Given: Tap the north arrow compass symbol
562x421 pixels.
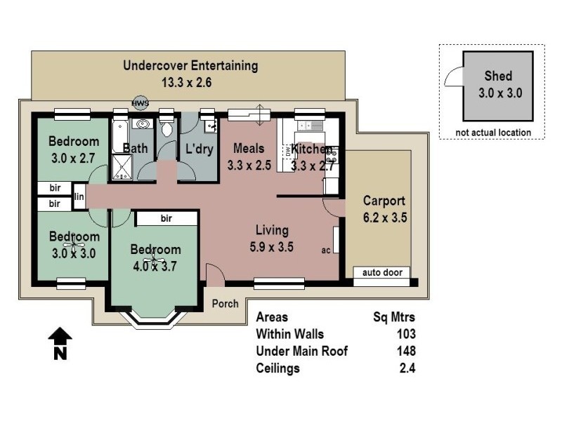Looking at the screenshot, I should tap(60, 343).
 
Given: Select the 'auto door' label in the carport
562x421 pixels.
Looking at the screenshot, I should tap(382, 272).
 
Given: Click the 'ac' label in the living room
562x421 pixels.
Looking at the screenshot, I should tap(326, 250).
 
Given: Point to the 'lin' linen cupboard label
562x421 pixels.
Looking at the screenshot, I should tap(79, 196).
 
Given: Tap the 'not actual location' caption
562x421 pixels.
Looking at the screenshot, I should tap(492, 132).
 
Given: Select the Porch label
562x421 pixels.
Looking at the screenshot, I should tap(226, 304).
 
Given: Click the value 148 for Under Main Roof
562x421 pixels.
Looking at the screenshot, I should tap(405, 351).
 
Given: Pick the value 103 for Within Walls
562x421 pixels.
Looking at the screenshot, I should tap(405, 334).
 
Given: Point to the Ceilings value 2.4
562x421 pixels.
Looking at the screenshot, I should tap(407, 368).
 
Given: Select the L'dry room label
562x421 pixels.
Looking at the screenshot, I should tap(198, 149).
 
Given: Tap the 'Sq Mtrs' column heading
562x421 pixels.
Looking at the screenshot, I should tap(394, 317).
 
